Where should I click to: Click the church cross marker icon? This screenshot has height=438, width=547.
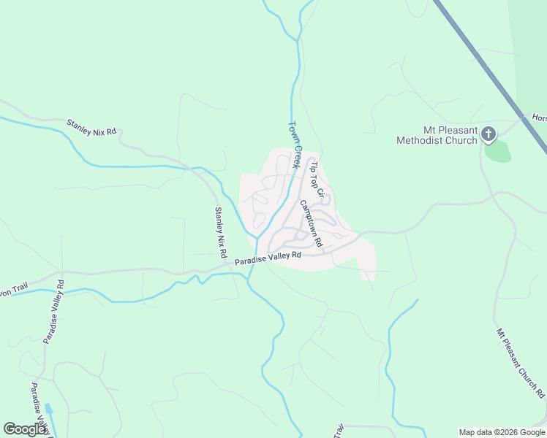click(489, 134)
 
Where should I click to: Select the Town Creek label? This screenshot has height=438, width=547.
click(295, 145)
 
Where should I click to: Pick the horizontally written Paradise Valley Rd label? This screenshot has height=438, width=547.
click(268, 258)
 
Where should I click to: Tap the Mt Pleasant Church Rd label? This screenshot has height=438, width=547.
click(521, 363)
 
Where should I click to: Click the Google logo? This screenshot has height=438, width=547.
click(25, 429)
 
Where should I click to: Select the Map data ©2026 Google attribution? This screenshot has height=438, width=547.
click(502, 432)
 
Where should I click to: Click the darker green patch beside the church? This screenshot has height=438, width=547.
click(497, 151)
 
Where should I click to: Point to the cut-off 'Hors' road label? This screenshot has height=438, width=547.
click(539, 118)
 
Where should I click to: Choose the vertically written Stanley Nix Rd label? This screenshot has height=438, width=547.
click(219, 232)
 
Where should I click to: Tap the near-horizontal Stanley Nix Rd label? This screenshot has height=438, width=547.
click(91, 127)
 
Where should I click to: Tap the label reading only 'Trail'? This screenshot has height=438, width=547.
click(339, 431)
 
